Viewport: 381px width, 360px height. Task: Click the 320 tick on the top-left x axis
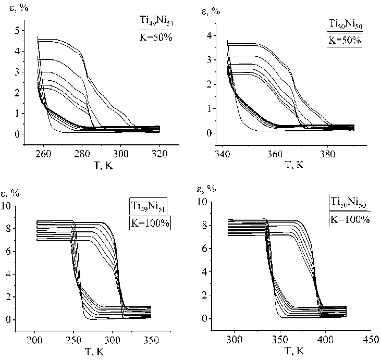coord(159,154)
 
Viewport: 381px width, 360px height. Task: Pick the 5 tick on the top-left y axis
coord(18,30)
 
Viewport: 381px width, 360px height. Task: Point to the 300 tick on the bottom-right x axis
coord(235,340)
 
